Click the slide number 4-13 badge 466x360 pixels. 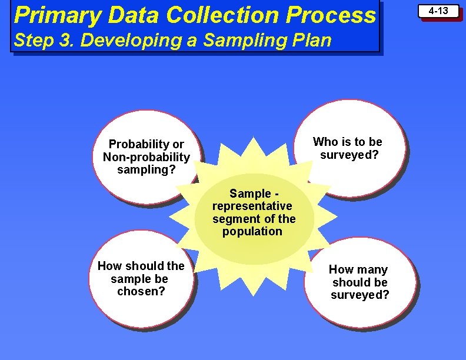pyautogui.click(x=438, y=11)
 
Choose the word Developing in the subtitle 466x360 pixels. pyautogui.click(x=132, y=41)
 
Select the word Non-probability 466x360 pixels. pyautogui.click(x=147, y=157)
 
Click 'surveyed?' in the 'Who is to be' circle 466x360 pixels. pyautogui.click(x=349, y=155)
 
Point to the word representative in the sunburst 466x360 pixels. pyautogui.click(x=252, y=206)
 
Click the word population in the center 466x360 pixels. pyautogui.click(x=252, y=231)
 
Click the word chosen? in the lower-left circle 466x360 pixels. pyautogui.click(x=141, y=291)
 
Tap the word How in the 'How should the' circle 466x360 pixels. pyautogui.click(x=110, y=266)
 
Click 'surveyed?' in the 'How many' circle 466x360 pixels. pyautogui.click(x=360, y=295)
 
